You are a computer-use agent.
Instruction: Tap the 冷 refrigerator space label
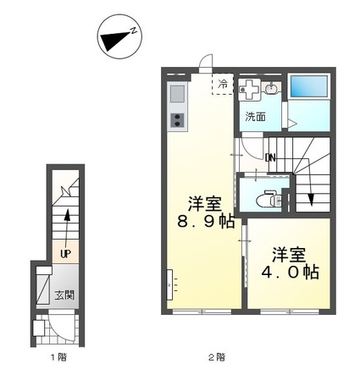223,84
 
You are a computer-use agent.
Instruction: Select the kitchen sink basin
177,93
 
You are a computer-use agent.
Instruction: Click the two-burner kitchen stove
177,120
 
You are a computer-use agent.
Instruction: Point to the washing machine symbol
249,90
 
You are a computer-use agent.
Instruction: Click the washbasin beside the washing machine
272,88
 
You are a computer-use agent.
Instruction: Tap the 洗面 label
255,116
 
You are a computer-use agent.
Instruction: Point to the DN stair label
270,158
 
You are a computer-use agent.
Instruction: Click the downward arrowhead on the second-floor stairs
311,200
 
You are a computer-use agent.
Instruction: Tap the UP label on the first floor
65,254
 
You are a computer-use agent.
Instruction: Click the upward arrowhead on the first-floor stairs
67,215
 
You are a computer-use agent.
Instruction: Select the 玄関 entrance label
64,295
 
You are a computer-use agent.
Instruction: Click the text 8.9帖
206,221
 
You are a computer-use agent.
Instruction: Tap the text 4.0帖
290,272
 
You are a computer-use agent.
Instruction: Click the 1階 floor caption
58,357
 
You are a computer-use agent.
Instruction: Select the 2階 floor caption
217,357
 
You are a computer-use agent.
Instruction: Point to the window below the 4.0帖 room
290,312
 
